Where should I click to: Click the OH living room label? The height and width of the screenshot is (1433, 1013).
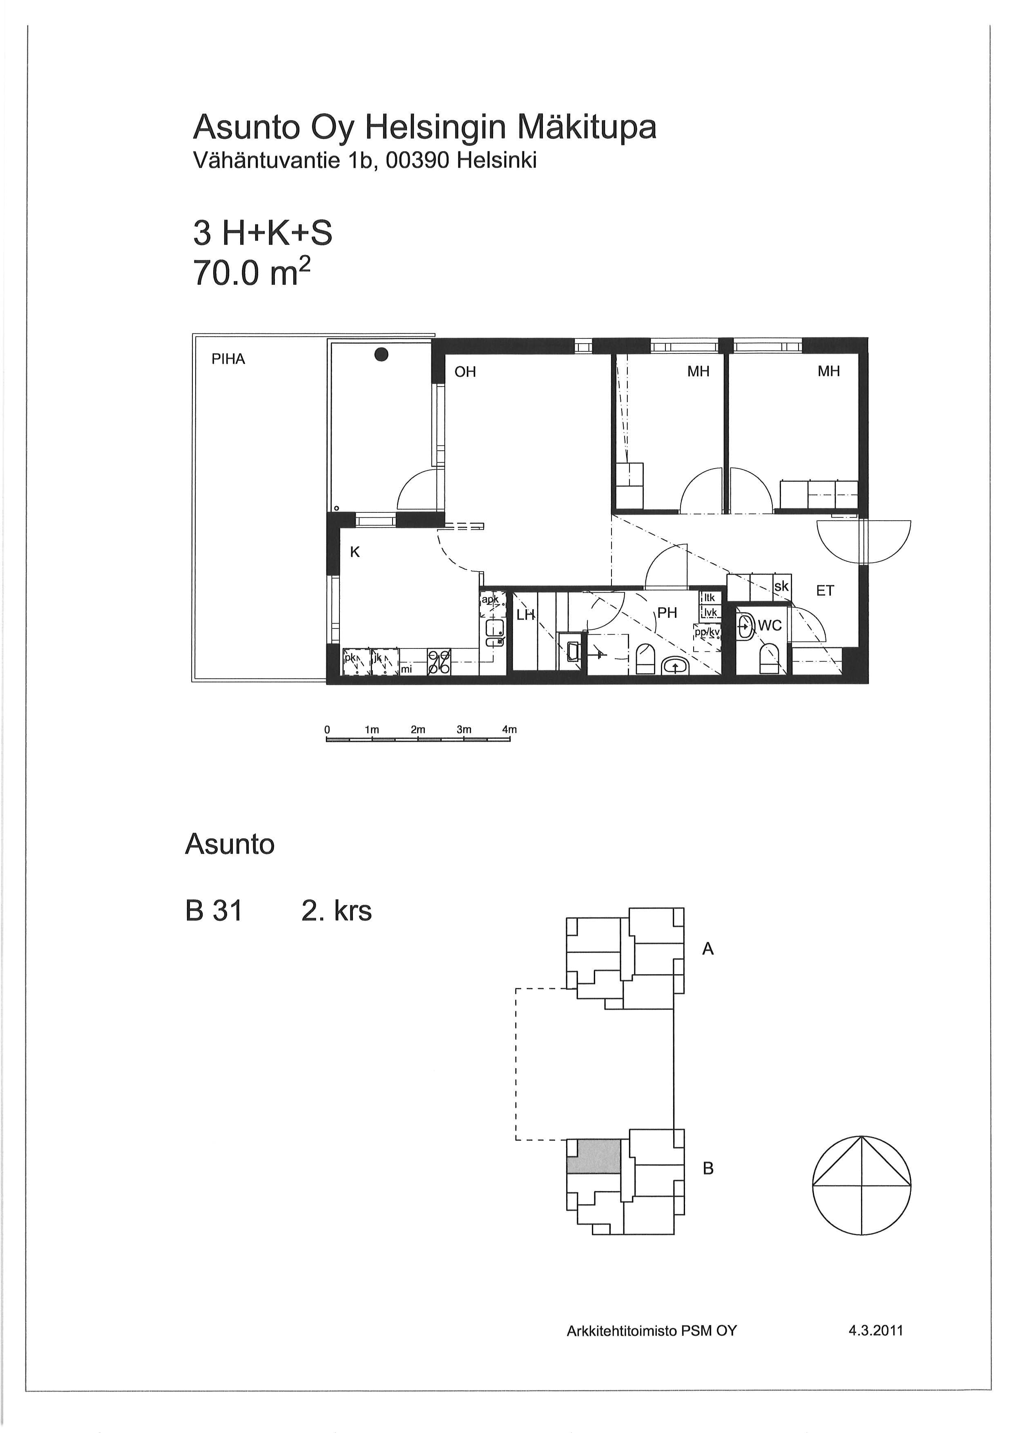point(465,372)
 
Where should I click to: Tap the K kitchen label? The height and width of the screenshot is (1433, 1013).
point(355,552)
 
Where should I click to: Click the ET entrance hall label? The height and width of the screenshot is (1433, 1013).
point(825,590)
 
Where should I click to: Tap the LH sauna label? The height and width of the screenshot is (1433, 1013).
point(526,615)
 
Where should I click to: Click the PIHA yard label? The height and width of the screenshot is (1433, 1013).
point(228,360)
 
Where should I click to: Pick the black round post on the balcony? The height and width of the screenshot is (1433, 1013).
point(382,355)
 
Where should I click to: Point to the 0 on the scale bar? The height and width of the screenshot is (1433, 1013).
point(327,729)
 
